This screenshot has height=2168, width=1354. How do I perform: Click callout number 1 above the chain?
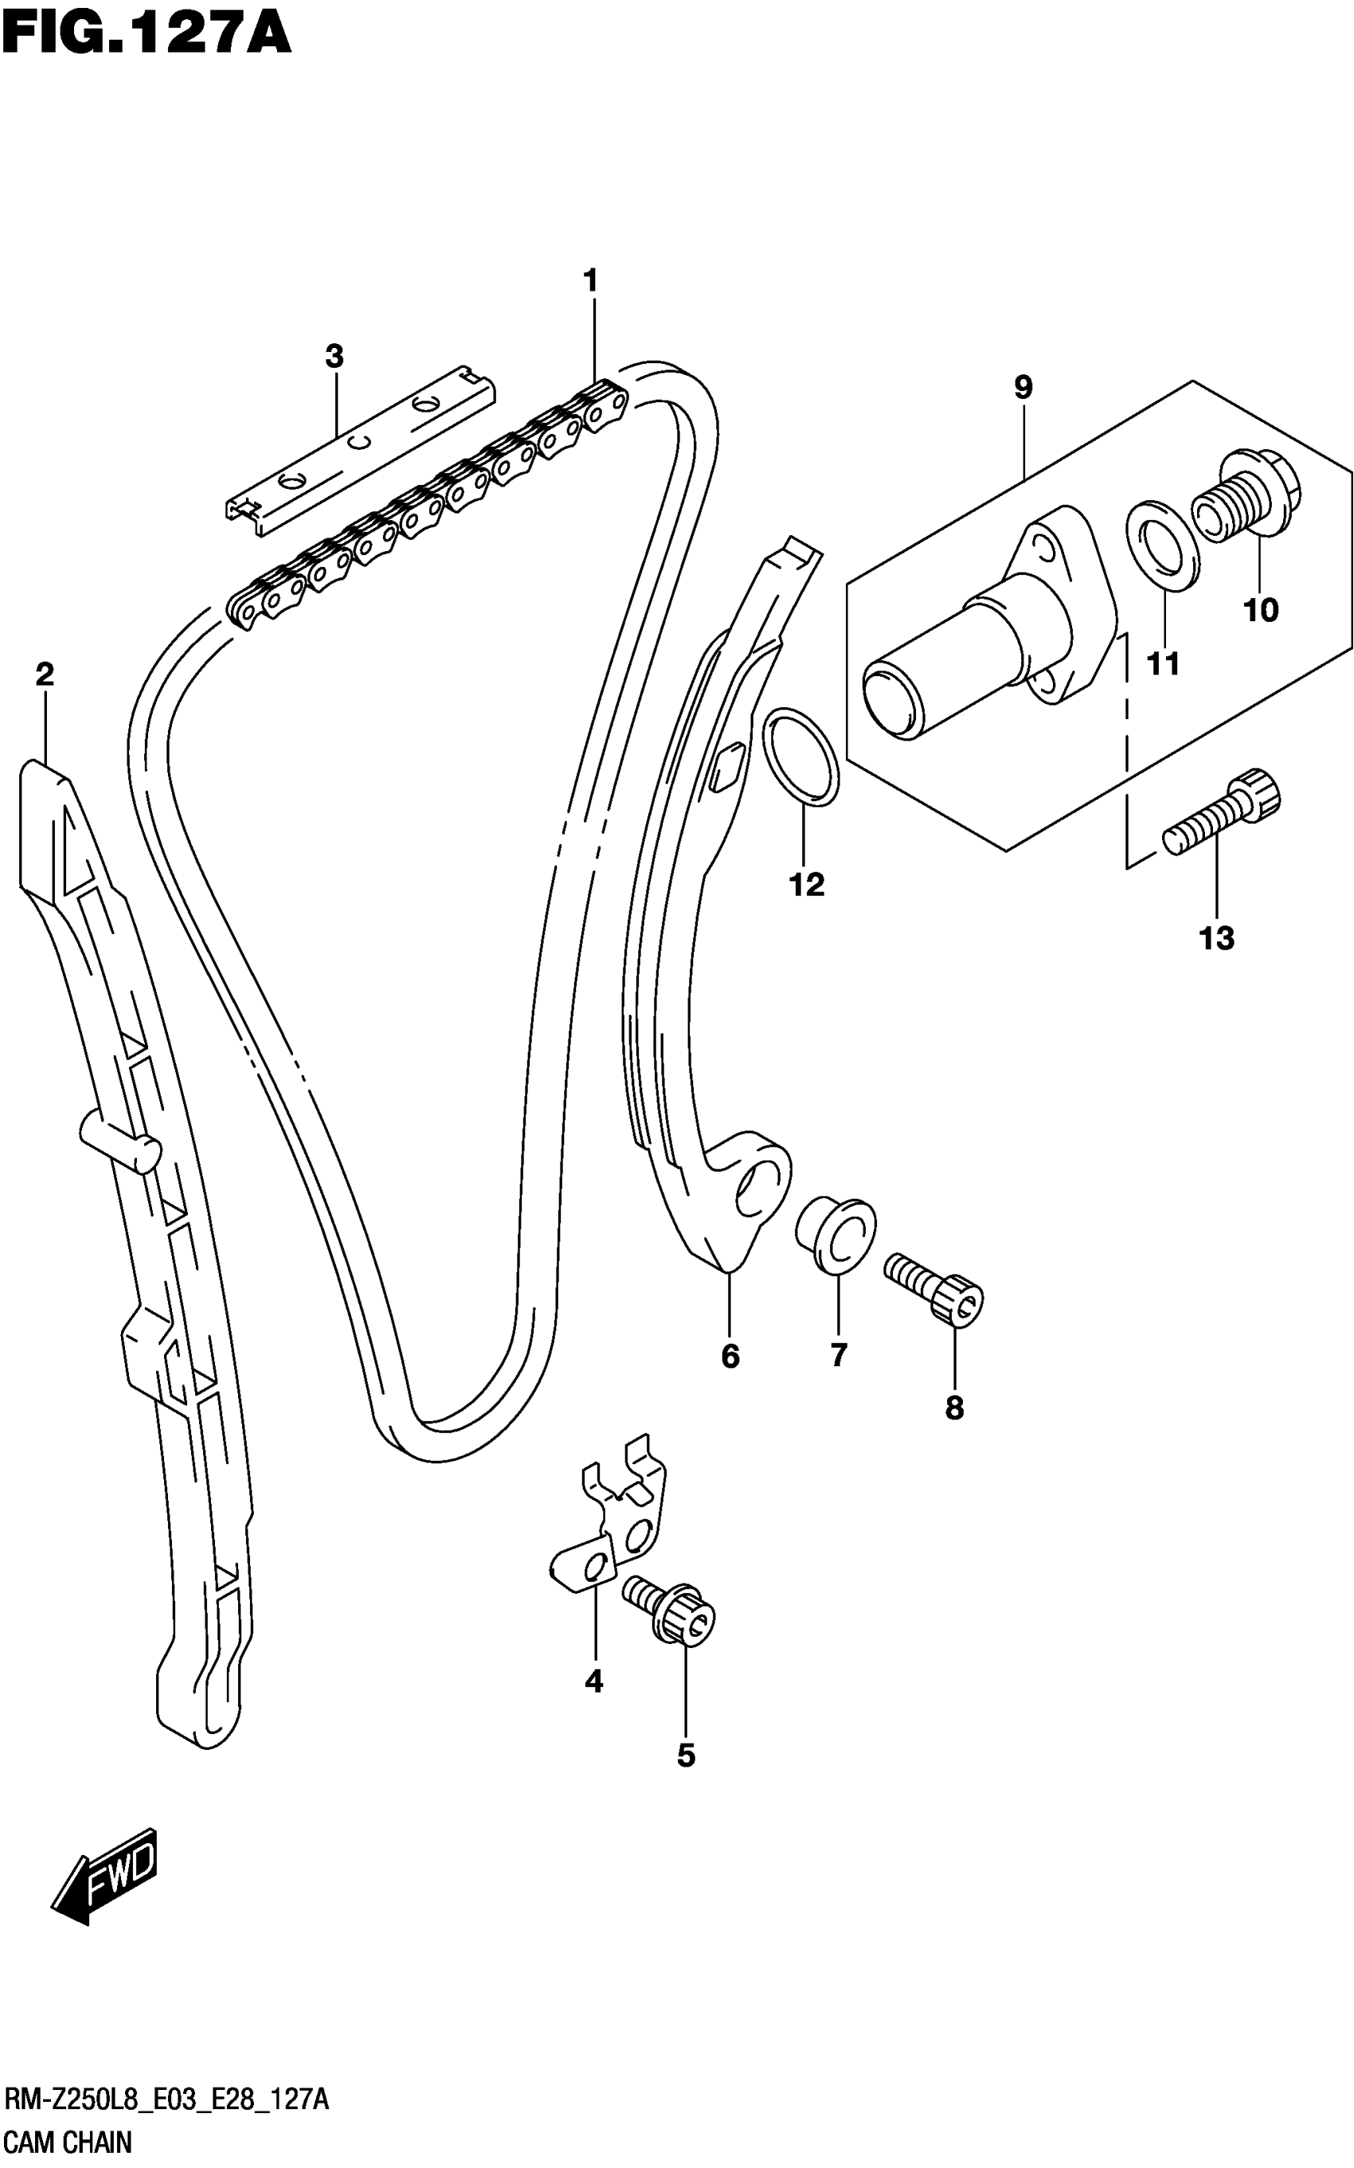pos(590,280)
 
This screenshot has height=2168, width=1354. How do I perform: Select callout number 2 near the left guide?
pos(45,675)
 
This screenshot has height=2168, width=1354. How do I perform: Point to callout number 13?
pos(1217,938)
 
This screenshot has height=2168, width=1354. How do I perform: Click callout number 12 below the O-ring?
pos(806,885)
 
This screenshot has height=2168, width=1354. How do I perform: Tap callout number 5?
pos(686,1756)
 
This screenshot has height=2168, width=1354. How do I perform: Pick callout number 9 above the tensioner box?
pos(1023,388)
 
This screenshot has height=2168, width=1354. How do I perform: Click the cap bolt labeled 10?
pos(1246,496)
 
